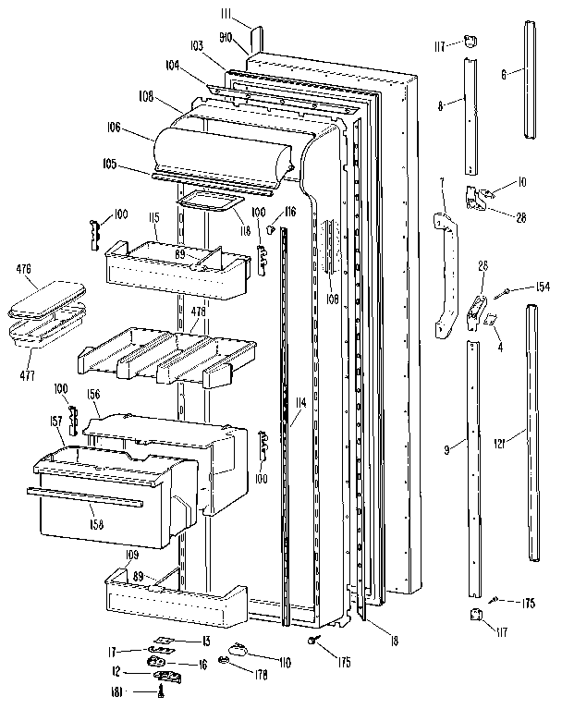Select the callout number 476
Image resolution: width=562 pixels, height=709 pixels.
(x=24, y=269)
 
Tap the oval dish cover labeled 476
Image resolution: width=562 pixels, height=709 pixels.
(x=44, y=299)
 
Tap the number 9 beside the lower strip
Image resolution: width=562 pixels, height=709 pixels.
(x=447, y=449)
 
